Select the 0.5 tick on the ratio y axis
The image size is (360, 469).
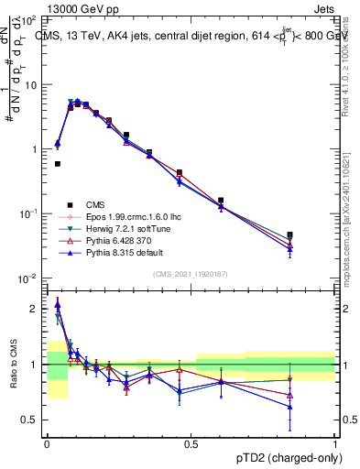pyautogui.click(x=31, y=420)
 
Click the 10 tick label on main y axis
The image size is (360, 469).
pyautogui.click(x=31, y=84)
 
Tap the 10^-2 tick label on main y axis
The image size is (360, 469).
pyautogui.click(x=28, y=278)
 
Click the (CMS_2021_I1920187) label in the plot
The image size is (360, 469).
pyautogui.click(x=191, y=274)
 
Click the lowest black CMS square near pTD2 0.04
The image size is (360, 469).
pyautogui.click(x=58, y=164)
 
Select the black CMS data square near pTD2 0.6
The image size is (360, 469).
pyautogui.click(x=221, y=200)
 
